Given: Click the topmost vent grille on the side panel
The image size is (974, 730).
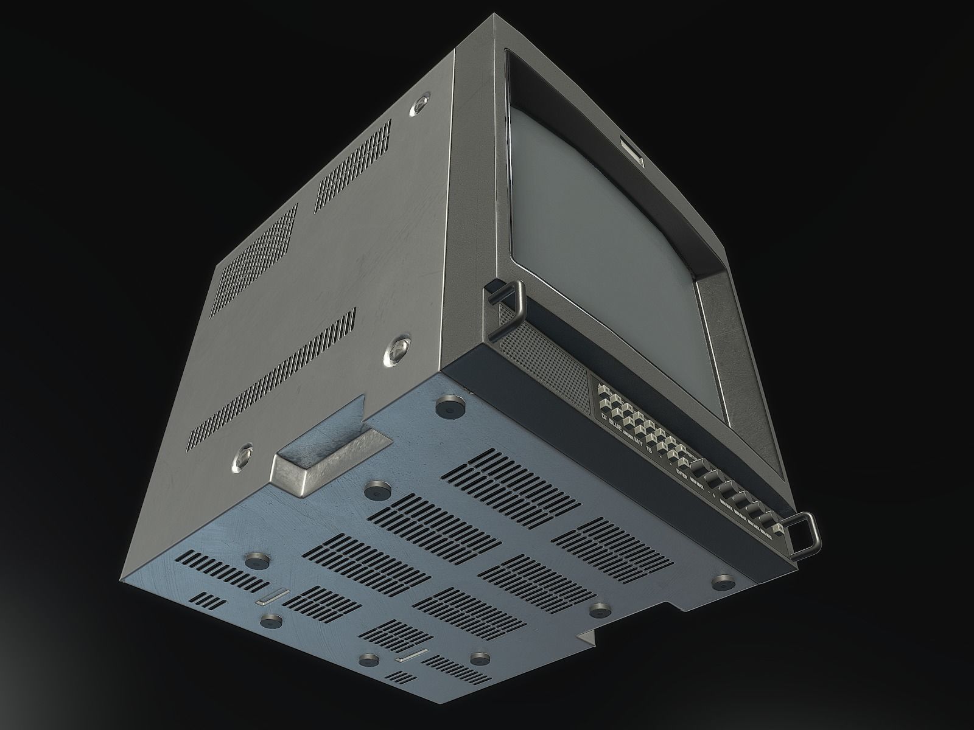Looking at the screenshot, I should (x=353, y=164).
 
